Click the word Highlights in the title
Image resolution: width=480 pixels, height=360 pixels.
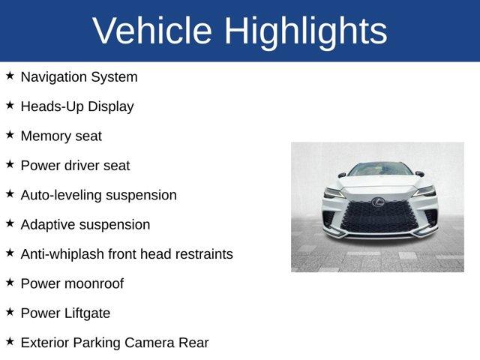pos(305,31)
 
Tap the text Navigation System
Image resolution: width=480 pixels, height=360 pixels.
pos(79,76)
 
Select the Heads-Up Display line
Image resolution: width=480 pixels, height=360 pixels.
pos(77,106)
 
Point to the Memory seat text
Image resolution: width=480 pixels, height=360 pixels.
pos(61,136)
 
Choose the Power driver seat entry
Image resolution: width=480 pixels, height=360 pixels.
pos(75,166)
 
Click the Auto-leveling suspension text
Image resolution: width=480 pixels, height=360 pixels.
pos(98,195)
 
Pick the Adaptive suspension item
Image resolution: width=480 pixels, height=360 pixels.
pos(85,224)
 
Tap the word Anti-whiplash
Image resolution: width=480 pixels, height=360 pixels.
pos(62,254)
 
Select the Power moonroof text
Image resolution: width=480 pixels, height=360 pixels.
pos(72,283)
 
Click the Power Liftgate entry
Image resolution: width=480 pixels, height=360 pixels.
pos(65,313)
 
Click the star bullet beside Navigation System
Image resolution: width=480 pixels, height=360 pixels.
pos(10,76)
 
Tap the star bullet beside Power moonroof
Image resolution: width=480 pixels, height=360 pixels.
pos(10,283)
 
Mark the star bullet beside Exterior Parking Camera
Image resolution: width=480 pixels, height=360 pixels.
pos(10,342)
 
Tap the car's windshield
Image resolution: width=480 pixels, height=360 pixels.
pos(380,170)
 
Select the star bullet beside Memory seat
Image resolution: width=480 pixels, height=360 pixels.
pos(10,135)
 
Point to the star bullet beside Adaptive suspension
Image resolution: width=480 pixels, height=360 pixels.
pos(10,223)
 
